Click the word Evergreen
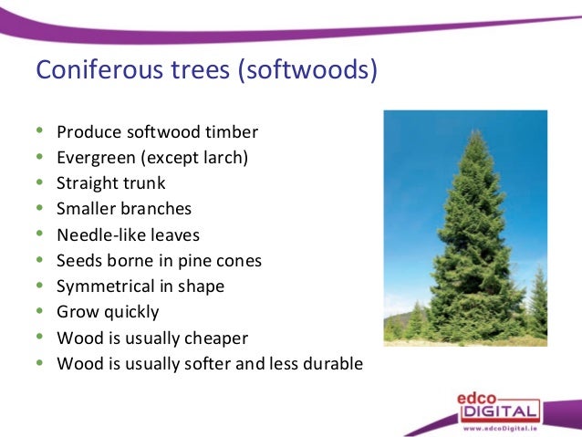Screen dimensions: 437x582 (x=96, y=157)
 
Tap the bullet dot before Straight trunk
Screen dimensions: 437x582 (x=38, y=183)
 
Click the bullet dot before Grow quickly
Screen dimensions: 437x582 (x=38, y=312)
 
